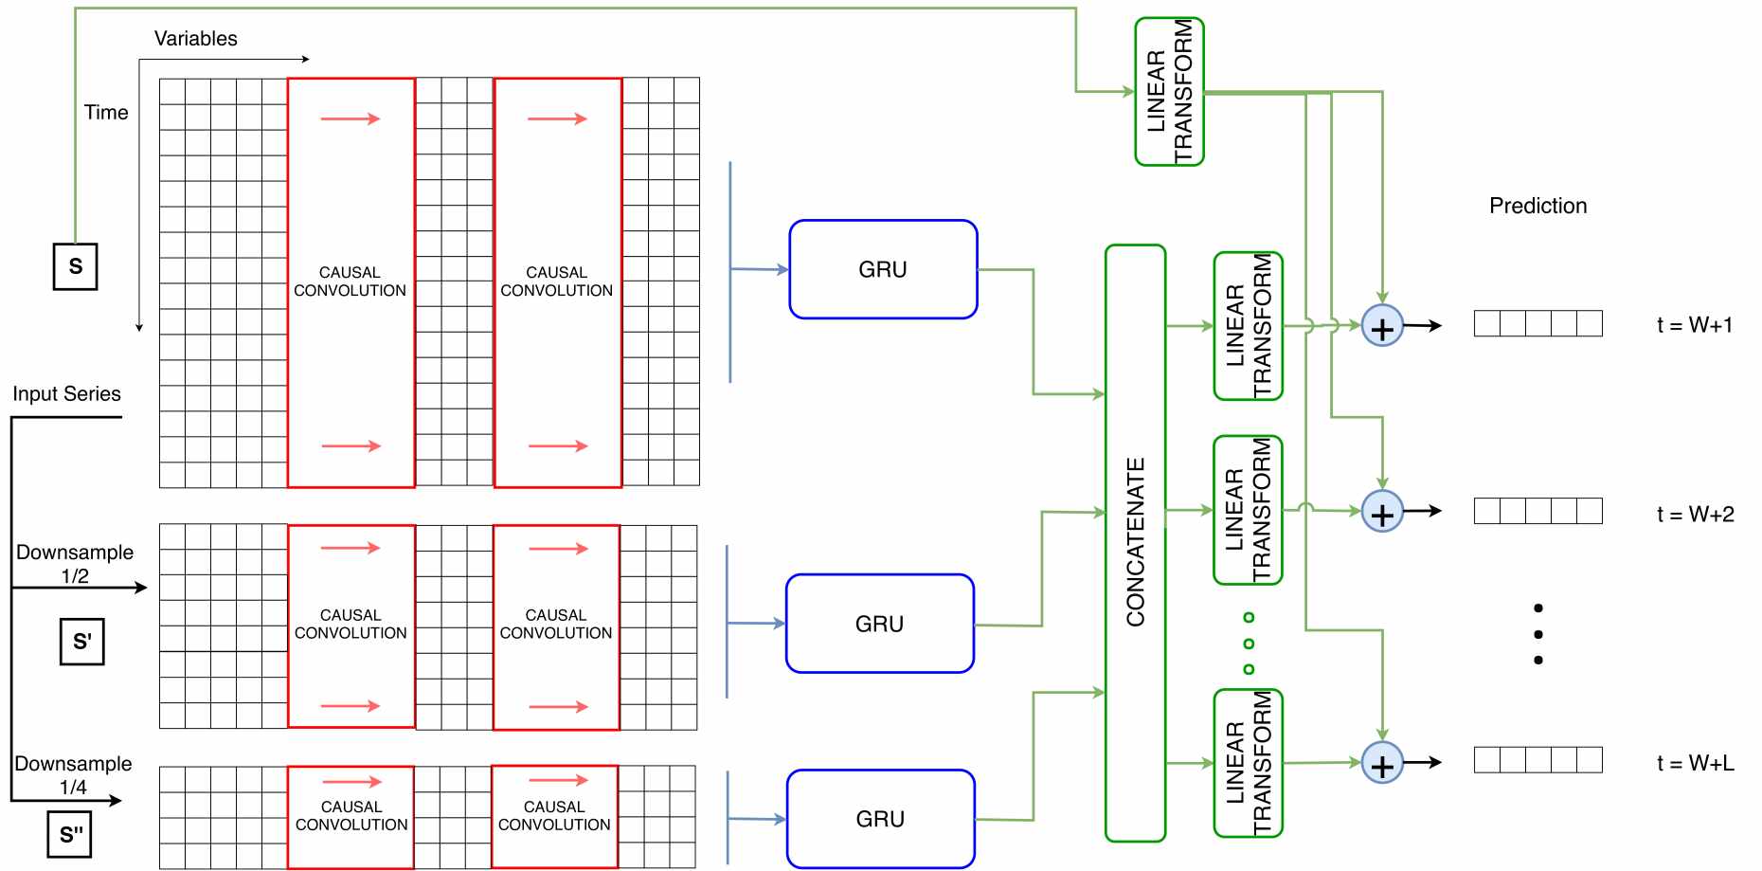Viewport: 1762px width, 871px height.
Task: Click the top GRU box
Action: click(x=883, y=269)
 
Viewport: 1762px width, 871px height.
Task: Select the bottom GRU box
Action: click(x=880, y=819)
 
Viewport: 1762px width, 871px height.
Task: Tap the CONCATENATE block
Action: click(x=1135, y=542)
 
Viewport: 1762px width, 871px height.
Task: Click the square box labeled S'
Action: click(x=82, y=642)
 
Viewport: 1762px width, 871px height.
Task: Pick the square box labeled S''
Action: click(x=70, y=834)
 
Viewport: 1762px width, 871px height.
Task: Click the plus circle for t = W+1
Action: click(x=1382, y=326)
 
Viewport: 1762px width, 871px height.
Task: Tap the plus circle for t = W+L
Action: click(x=1382, y=764)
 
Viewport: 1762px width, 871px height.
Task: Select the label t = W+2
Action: click(x=1695, y=515)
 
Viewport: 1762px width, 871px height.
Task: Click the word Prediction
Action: click(x=1537, y=206)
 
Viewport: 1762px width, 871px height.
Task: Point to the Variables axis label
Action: click(x=195, y=39)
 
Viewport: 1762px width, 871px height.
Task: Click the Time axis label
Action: click(x=106, y=113)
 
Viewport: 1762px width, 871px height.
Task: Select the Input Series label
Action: click(x=66, y=393)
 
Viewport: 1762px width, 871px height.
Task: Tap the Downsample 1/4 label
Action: click(x=73, y=774)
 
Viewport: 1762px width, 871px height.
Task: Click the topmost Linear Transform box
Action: click(x=1169, y=92)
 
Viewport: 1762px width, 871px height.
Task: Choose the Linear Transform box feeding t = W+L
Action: click(x=1248, y=763)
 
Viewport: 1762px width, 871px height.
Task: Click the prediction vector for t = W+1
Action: click(x=1537, y=323)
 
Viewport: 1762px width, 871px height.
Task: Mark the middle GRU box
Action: click(x=880, y=624)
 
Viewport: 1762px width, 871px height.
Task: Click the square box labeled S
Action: click(x=76, y=266)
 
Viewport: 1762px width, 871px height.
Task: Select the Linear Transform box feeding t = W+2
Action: click(x=1248, y=510)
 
